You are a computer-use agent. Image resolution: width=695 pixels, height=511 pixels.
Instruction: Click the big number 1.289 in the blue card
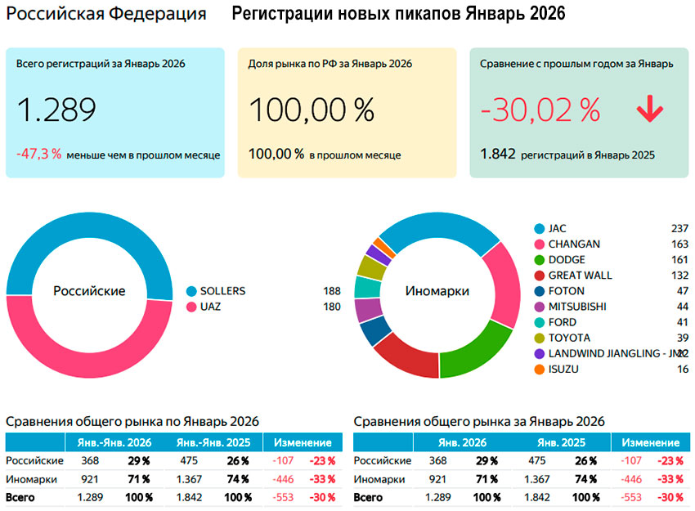[x=56, y=110]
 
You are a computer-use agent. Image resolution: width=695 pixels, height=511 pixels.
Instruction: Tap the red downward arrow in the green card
[x=650, y=110]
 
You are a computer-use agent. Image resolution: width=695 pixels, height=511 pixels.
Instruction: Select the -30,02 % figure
[x=540, y=110]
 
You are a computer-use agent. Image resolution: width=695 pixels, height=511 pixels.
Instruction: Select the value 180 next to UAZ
[x=332, y=307]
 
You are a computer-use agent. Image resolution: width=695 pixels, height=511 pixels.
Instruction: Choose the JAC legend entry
[x=557, y=228]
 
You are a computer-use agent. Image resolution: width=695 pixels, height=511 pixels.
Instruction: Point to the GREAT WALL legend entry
[x=580, y=276]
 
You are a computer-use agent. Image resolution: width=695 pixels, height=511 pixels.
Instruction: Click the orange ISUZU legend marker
[x=539, y=370]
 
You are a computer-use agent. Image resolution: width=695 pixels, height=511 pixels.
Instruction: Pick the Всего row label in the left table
[x=22, y=497]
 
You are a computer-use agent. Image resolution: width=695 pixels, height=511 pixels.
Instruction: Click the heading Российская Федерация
[x=105, y=15]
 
